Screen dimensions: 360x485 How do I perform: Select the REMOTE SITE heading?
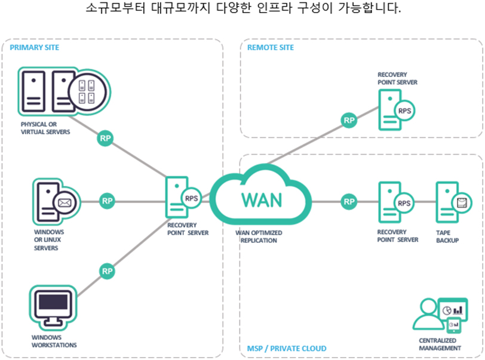click(x=271, y=47)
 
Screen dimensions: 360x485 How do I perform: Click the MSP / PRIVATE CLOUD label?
click(x=287, y=348)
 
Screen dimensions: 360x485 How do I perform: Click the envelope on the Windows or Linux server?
click(x=65, y=204)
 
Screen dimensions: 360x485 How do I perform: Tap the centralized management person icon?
click(x=428, y=313)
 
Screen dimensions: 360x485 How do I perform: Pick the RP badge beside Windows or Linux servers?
click(x=108, y=201)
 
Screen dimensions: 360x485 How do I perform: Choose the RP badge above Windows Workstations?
click(x=107, y=270)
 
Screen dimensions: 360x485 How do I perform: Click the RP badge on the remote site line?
click(x=349, y=121)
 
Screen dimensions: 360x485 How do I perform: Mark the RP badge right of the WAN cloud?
click(x=349, y=202)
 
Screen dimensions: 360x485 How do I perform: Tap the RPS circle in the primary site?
click(x=192, y=199)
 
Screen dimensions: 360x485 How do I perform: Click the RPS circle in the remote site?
click(x=405, y=111)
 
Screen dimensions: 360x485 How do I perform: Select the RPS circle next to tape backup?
click(x=405, y=203)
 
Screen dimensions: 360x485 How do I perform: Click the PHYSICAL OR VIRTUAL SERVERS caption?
click(x=45, y=128)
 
